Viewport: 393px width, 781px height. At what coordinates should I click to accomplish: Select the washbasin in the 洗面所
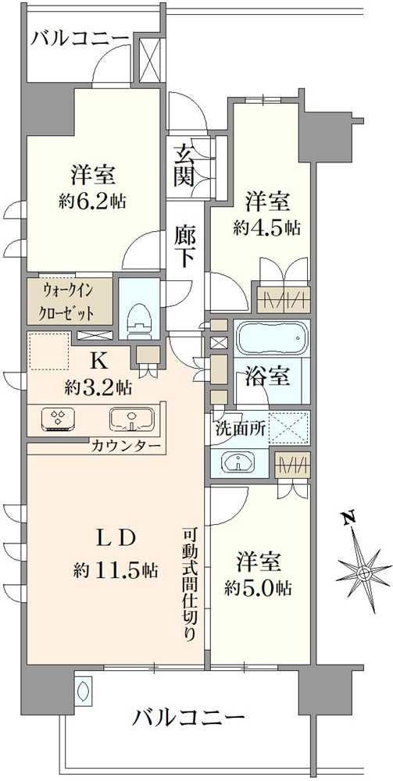[x=238, y=462]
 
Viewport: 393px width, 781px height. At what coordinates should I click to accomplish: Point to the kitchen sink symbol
[x=128, y=420]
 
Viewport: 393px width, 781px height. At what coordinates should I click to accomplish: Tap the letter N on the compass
[x=349, y=517]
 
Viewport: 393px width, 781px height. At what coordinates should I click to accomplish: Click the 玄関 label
[x=184, y=165]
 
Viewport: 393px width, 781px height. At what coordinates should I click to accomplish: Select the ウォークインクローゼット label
[x=70, y=304]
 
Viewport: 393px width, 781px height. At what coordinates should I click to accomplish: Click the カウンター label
[x=126, y=447]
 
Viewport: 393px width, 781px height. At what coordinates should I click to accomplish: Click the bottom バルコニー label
[x=188, y=716]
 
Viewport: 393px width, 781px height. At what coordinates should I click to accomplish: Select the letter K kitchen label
[x=98, y=360]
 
